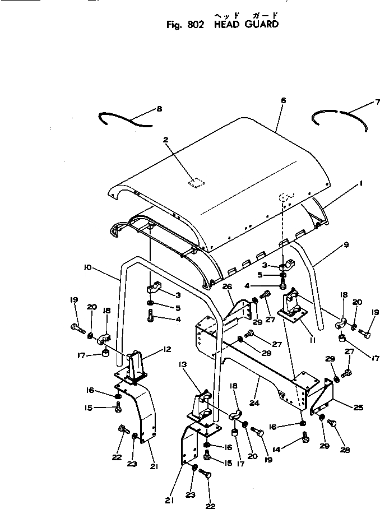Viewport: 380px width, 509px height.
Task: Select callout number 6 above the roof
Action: (x=283, y=100)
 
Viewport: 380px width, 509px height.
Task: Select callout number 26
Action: (x=227, y=286)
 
